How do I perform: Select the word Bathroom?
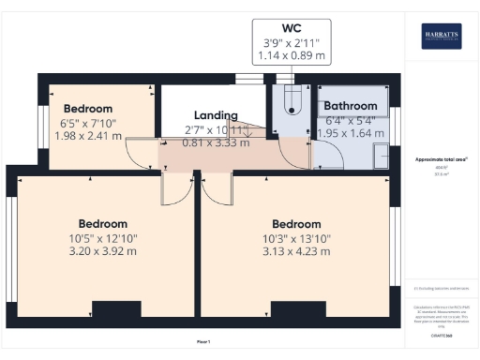click(x=351, y=107)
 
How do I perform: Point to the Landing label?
click(x=217, y=114)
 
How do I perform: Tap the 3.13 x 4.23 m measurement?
click(x=296, y=251)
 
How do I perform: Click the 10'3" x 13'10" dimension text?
click(x=296, y=238)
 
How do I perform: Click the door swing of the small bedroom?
click(x=145, y=155)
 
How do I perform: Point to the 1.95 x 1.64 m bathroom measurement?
click(x=351, y=134)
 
